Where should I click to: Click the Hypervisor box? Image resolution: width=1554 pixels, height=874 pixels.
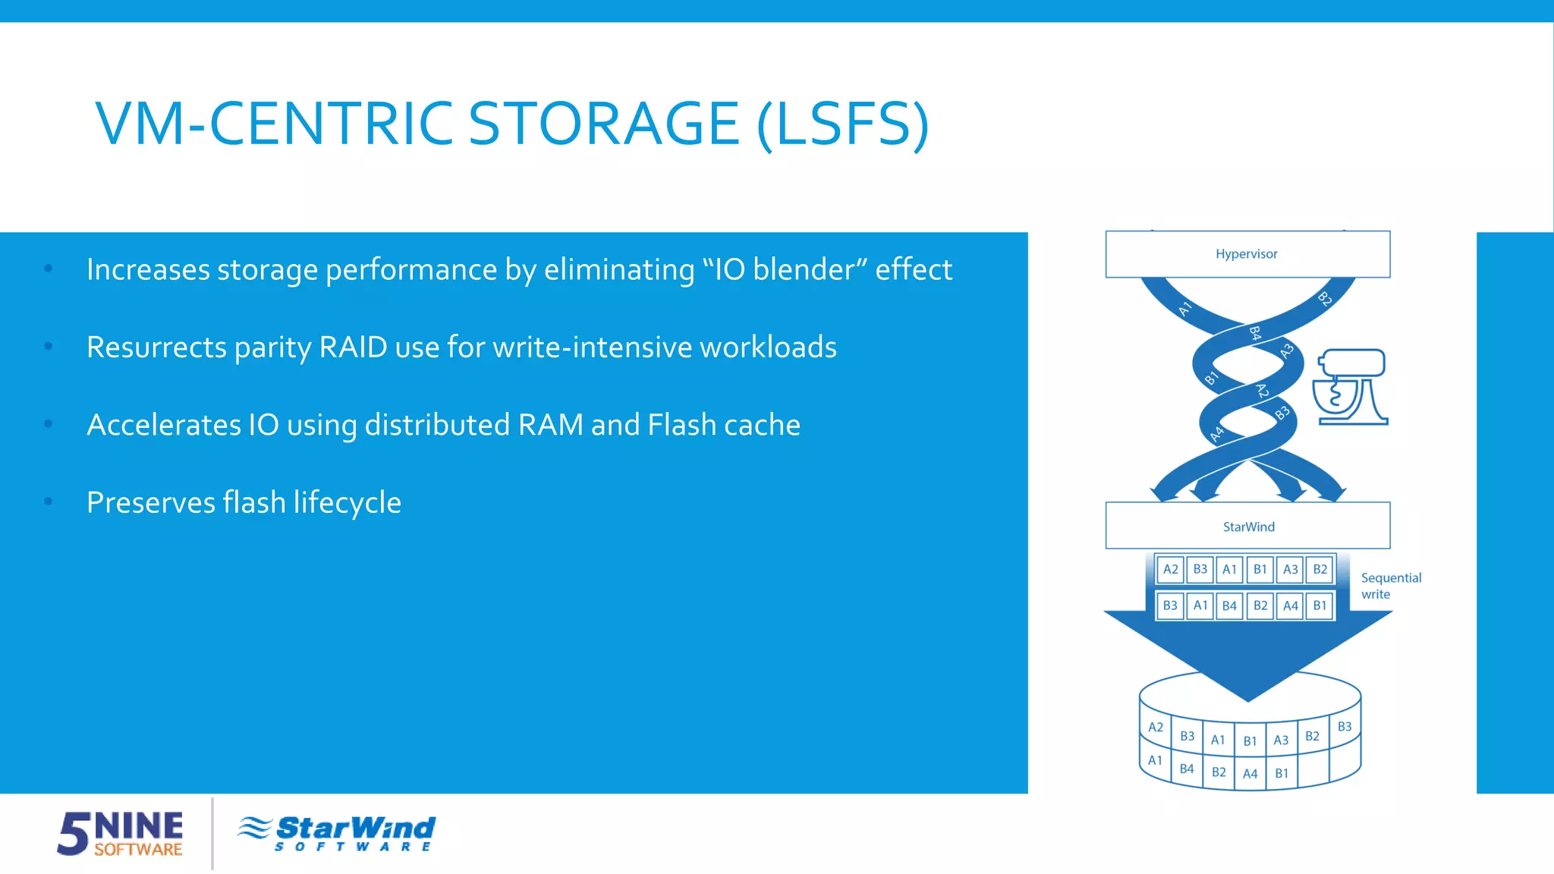(1247, 254)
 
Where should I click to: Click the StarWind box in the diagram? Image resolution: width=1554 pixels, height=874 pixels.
(1247, 526)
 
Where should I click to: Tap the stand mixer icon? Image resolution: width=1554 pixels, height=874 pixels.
(1351, 387)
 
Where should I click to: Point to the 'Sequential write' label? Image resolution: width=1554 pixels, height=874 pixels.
(1390, 586)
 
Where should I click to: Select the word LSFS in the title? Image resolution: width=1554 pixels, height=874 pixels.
(842, 124)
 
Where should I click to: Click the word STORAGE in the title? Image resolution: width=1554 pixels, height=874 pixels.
(603, 124)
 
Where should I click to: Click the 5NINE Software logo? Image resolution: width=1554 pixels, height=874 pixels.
(120, 833)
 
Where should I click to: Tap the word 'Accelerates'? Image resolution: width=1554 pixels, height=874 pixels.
(162, 425)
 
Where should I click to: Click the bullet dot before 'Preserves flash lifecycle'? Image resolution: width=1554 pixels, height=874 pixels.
(49, 501)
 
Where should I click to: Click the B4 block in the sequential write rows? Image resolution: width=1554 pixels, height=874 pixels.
(1229, 605)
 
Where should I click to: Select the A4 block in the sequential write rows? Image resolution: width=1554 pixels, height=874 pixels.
(1290, 605)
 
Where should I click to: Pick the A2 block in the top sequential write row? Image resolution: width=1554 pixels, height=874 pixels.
(1170, 569)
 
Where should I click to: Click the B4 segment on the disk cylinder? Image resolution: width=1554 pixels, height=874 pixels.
(1187, 769)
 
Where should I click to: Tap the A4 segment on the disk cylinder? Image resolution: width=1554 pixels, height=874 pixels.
(1250, 774)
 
